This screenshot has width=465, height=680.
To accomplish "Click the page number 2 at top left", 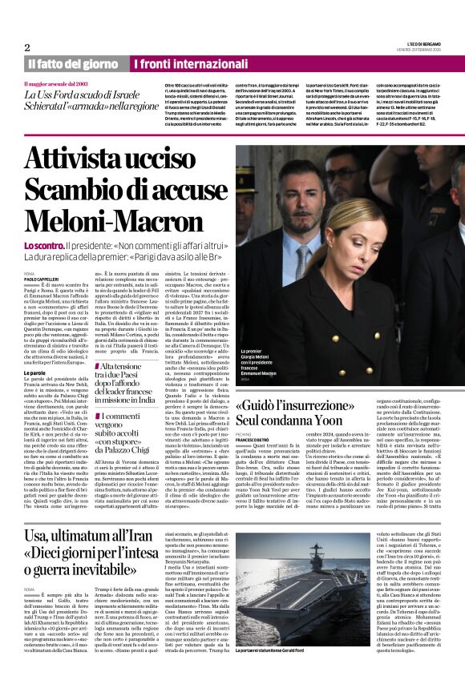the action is tap(26, 47).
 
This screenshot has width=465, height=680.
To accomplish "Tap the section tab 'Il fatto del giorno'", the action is tap(75, 63).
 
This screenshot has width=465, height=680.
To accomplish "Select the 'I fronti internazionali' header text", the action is tap(183, 63).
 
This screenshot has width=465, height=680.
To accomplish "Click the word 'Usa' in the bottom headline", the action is tap(41, 537).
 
